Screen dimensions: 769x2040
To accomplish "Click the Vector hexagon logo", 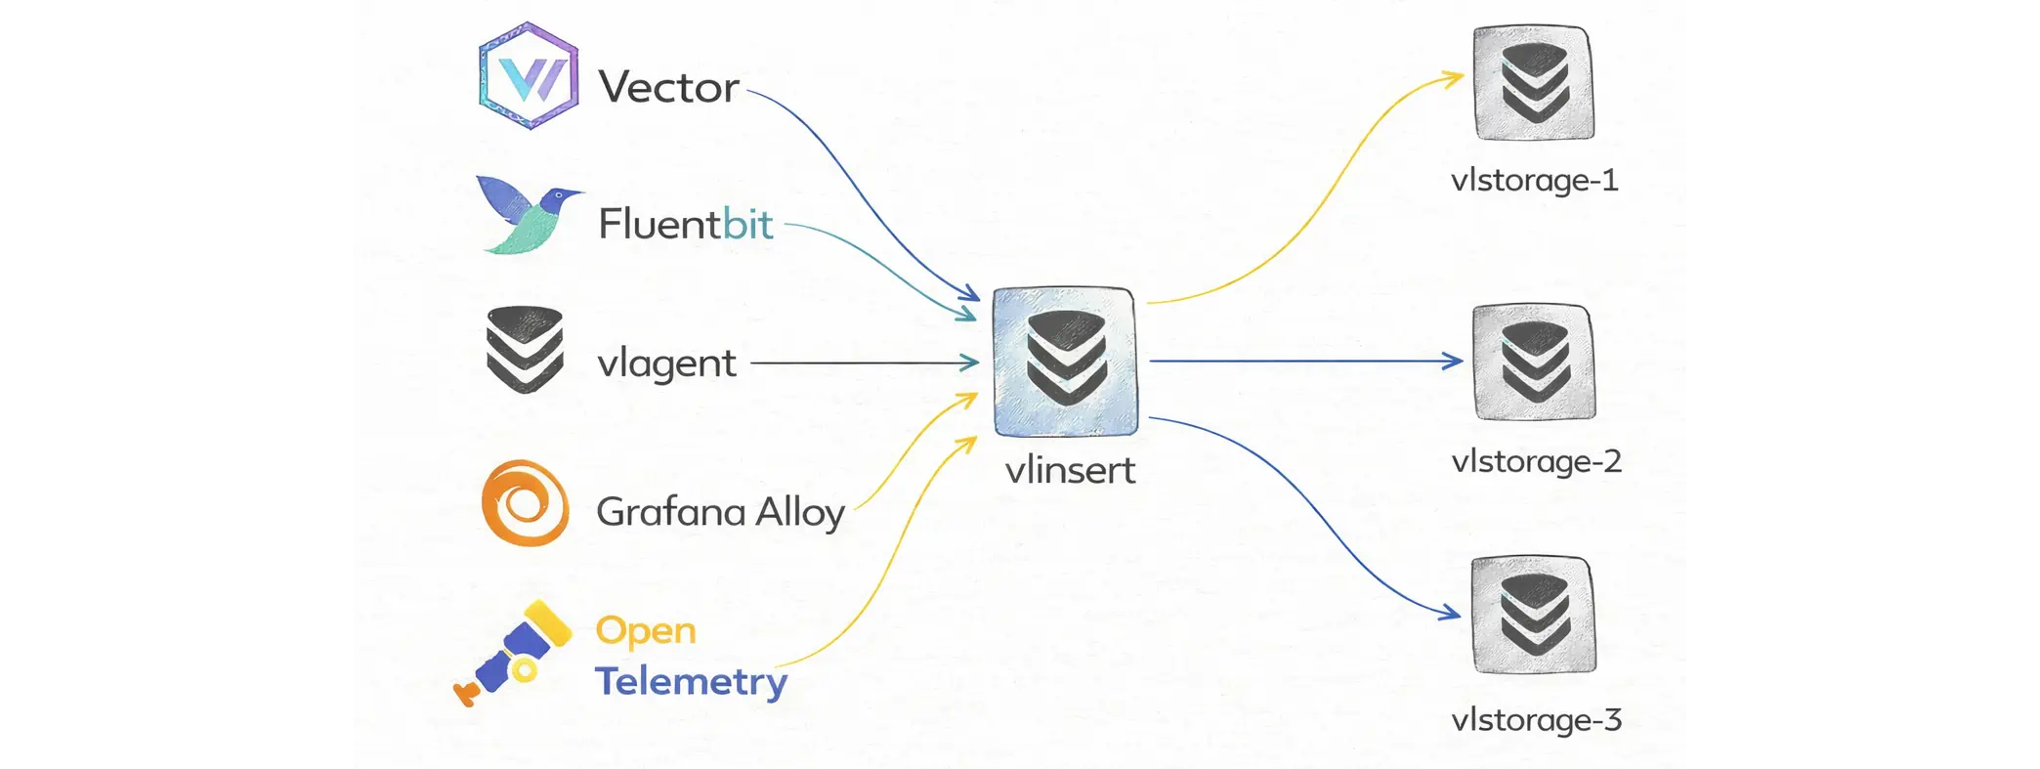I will coord(529,76).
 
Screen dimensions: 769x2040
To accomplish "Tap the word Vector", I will coord(668,88).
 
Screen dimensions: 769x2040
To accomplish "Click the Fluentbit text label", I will coord(685,225).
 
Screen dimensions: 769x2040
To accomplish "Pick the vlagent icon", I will coord(525,350).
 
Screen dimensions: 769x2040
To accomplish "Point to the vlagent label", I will coord(666,364).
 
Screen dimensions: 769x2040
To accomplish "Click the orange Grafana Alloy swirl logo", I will coord(526,503).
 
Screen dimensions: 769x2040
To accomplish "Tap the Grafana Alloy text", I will coord(720,512).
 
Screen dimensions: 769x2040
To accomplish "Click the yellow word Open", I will coord(646,631).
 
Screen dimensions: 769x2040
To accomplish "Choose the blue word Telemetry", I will coord(691,681).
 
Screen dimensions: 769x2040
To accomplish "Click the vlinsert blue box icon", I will coord(1065,362).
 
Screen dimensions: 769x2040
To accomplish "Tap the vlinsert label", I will coord(1070,471).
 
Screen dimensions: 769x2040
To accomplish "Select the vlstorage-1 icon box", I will coord(1533,83).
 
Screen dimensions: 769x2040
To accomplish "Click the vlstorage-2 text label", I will coord(1536,461).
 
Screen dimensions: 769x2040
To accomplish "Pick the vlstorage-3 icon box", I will coord(1534,615).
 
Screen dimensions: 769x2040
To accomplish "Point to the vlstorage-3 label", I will coord(1536,720).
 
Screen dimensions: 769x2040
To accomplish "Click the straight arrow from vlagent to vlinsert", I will coord(865,363).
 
